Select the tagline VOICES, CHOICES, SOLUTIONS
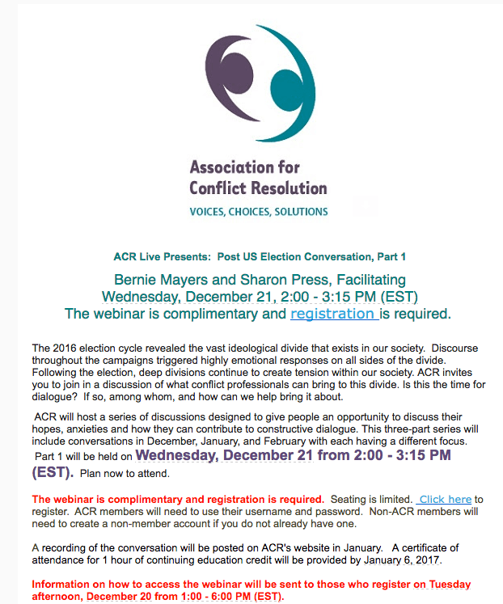(258, 212)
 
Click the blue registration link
(333, 314)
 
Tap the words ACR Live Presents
(160, 257)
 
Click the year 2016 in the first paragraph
(68, 348)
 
